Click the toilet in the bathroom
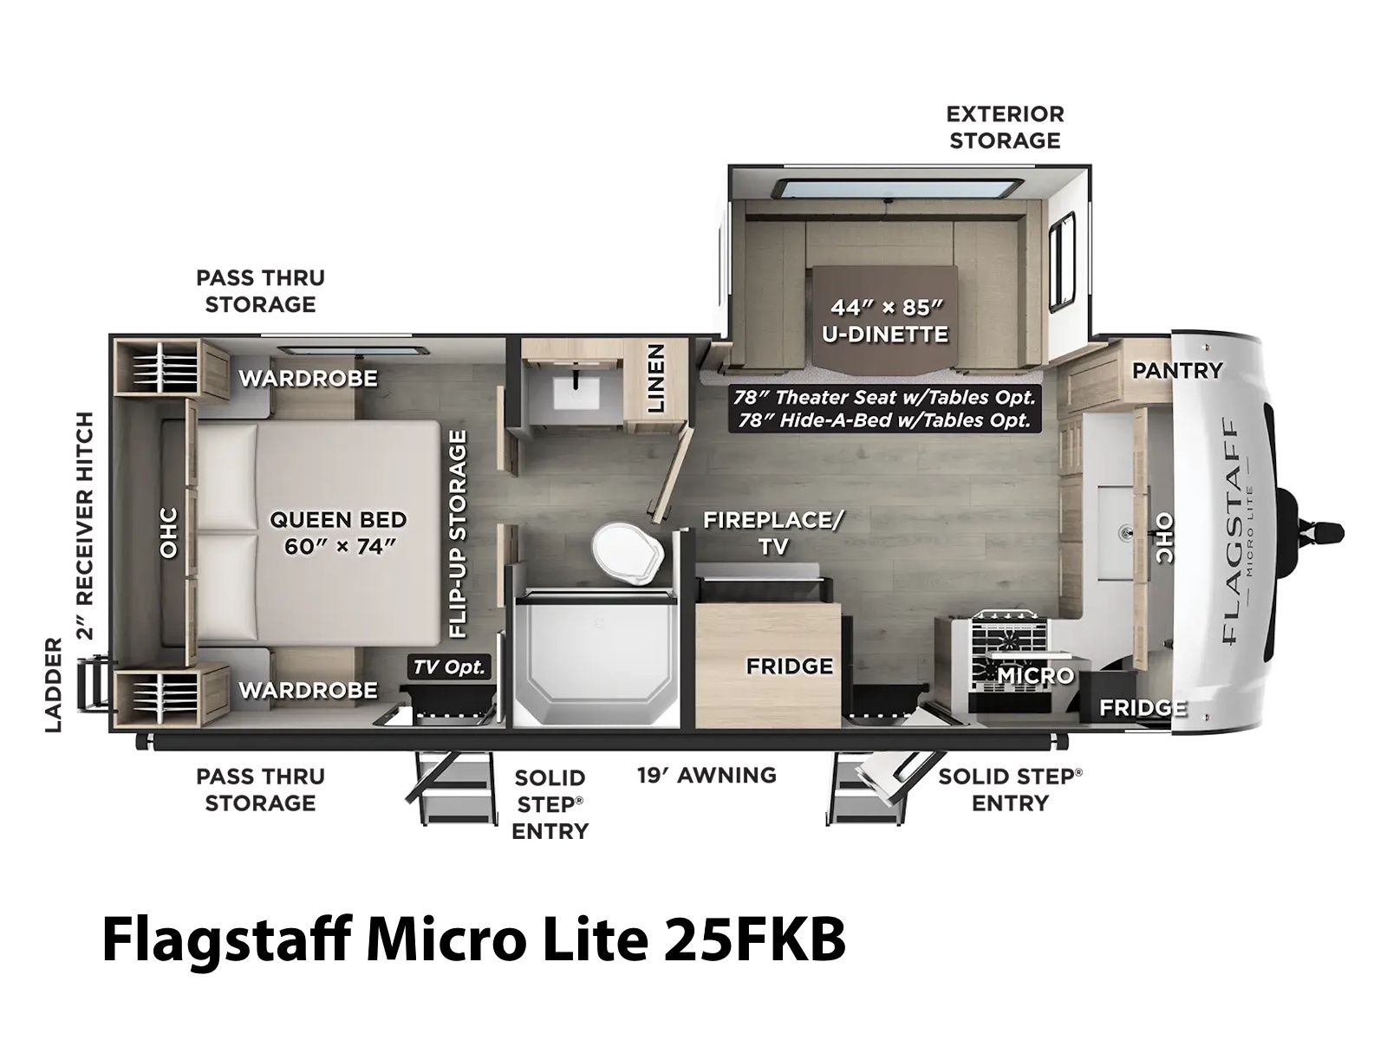[628, 554]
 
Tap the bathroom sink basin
[576, 393]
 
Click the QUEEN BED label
[338, 520]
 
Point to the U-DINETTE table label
[885, 334]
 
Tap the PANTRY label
[1177, 371]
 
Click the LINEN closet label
[656, 378]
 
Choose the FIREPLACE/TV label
[773, 532]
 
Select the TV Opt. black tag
[449, 666]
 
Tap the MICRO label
[1035, 676]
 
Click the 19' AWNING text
[707, 775]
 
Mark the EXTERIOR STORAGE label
[1005, 127]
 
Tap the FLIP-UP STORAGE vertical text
[457, 534]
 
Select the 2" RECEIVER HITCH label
[85, 526]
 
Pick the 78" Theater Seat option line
[884, 397]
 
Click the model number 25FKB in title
[754, 939]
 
